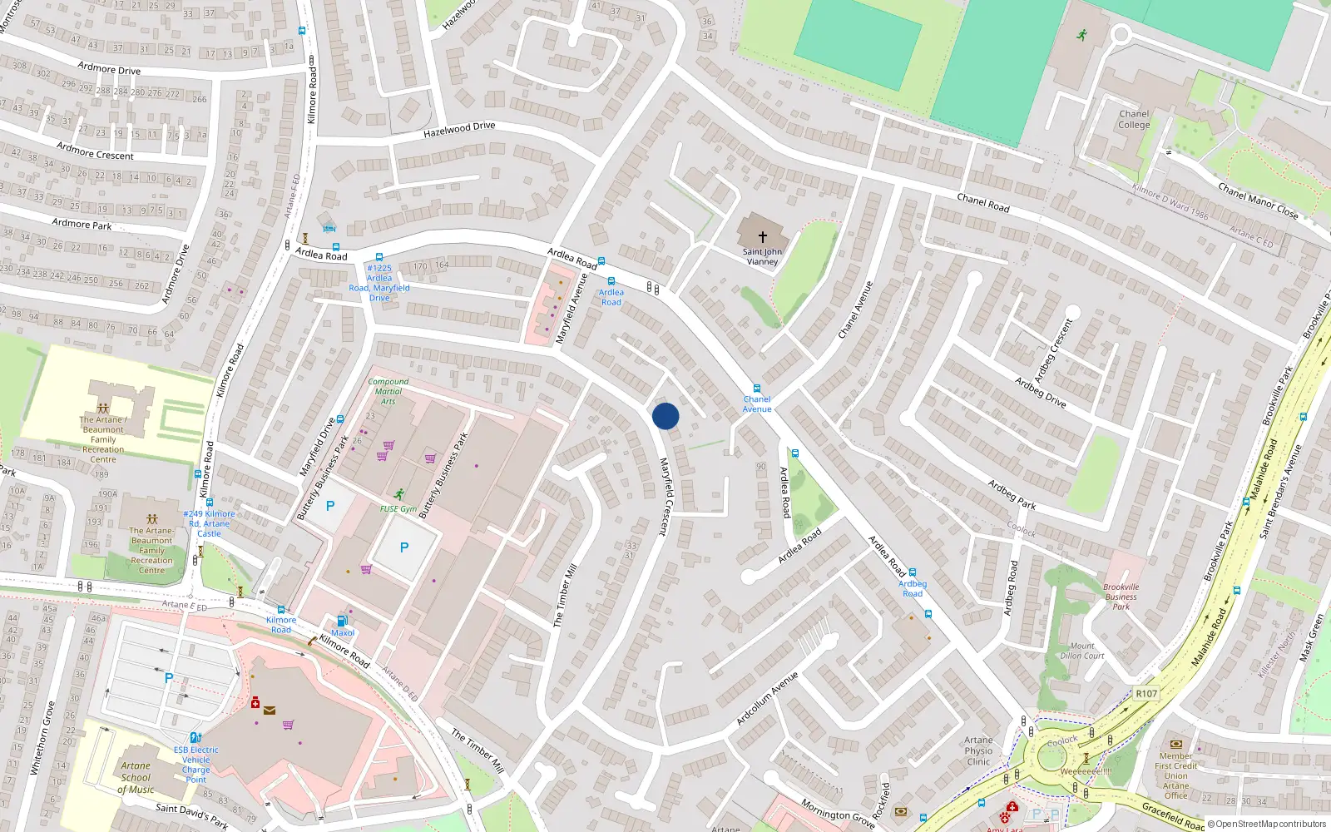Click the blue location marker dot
pyautogui.click(x=665, y=416)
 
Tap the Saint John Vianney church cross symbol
pyautogui.click(x=762, y=237)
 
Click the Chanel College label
pyautogui.click(x=1134, y=120)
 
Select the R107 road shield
pyautogui.click(x=1146, y=693)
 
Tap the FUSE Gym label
pyautogui.click(x=398, y=509)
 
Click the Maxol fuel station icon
pyautogui.click(x=341, y=621)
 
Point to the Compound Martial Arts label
pyautogui.click(x=388, y=391)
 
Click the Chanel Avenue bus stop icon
pyautogui.click(x=756, y=389)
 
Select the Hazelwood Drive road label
pyautogui.click(x=459, y=130)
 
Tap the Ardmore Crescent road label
pyautogui.click(x=95, y=151)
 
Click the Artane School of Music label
pyautogui.click(x=136, y=777)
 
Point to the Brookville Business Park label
pyautogui.click(x=1121, y=597)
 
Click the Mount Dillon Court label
pyautogui.click(x=1082, y=651)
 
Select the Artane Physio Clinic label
pyautogui.click(x=978, y=750)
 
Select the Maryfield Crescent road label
pyautogui.click(x=665, y=497)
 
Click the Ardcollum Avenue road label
pyautogui.click(x=767, y=698)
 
